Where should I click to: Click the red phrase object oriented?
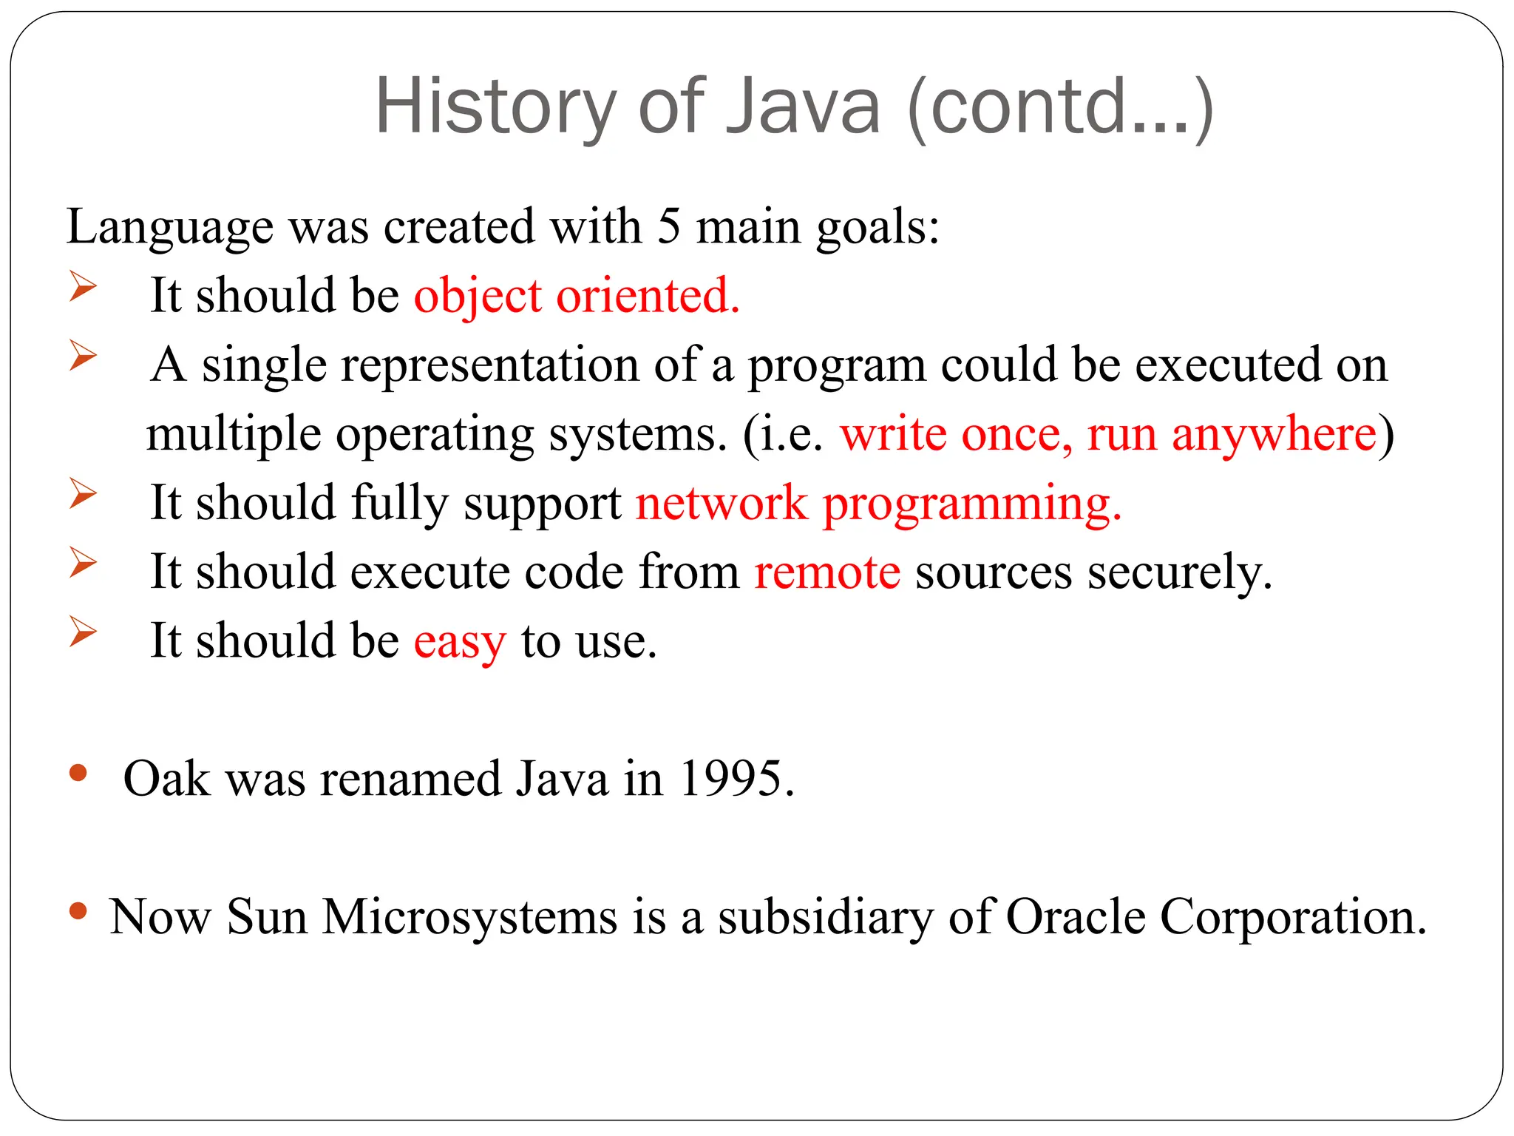pyautogui.click(x=577, y=295)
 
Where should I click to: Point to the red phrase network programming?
pyautogui.click(x=878, y=503)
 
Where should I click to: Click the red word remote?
pyautogui.click(x=827, y=572)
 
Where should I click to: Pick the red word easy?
pyautogui.click(x=460, y=640)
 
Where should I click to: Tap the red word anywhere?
pyautogui.click(x=1274, y=433)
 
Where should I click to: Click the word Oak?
pyautogui.click(x=166, y=778)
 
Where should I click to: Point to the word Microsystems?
pyautogui.click(x=469, y=916)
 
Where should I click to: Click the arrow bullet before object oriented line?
pyautogui.click(x=83, y=286)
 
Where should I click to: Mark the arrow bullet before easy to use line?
pyautogui.click(x=83, y=632)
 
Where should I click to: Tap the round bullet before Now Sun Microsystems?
pyautogui.click(x=78, y=911)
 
